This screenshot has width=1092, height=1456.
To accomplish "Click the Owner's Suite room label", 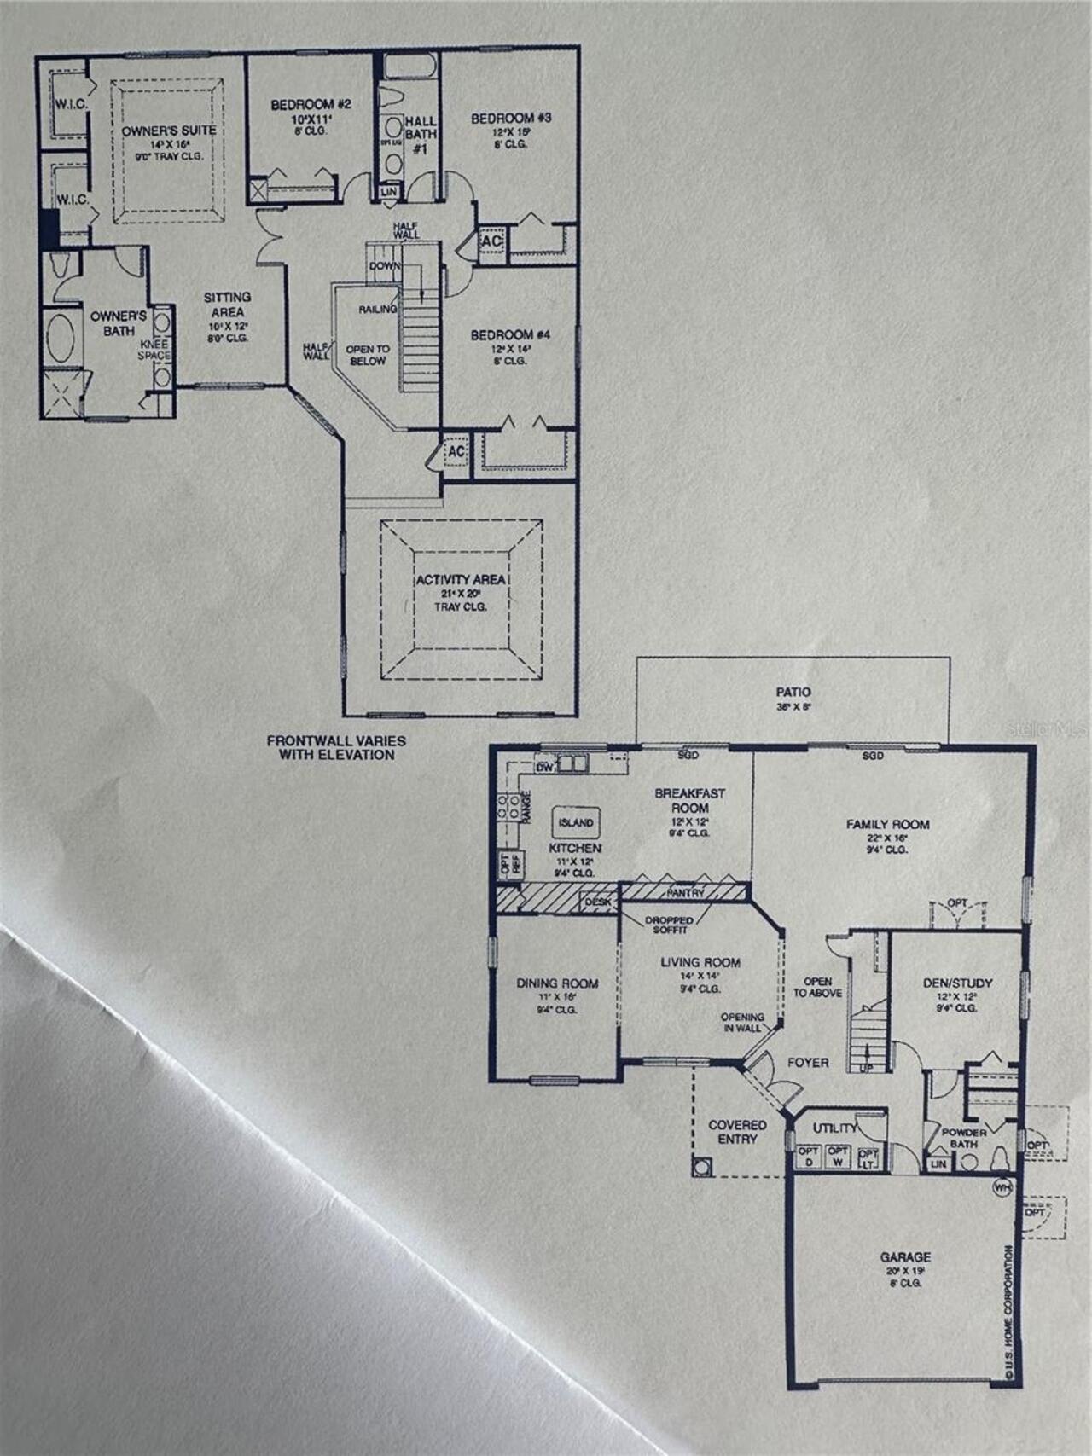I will (x=169, y=131).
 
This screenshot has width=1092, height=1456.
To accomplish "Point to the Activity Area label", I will (x=461, y=580).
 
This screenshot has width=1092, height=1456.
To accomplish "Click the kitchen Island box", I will (x=576, y=823).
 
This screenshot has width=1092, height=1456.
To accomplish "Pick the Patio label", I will (x=793, y=693).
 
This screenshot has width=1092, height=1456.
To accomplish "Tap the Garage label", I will (x=905, y=1257).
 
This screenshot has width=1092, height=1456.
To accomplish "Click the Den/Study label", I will (x=957, y=983).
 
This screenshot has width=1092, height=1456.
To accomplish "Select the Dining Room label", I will (x=557, y=983).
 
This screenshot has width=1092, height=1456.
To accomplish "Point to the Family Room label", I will (x=887, y=825).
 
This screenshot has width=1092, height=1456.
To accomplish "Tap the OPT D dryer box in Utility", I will (x=807, y=1157).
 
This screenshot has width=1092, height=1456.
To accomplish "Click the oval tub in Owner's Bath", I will (x=60, y=339).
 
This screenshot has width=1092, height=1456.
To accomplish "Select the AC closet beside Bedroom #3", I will (x=491, y=241).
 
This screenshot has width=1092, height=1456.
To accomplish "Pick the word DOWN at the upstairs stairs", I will (x=385, y=266).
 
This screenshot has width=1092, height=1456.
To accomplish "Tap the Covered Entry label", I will (x=737, y=1132).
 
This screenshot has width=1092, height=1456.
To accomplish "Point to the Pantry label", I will (x=686, y=893).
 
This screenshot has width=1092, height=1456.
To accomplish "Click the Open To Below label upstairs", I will (x=368, y=355).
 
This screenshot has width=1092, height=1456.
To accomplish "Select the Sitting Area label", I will (x=227, y=305).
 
